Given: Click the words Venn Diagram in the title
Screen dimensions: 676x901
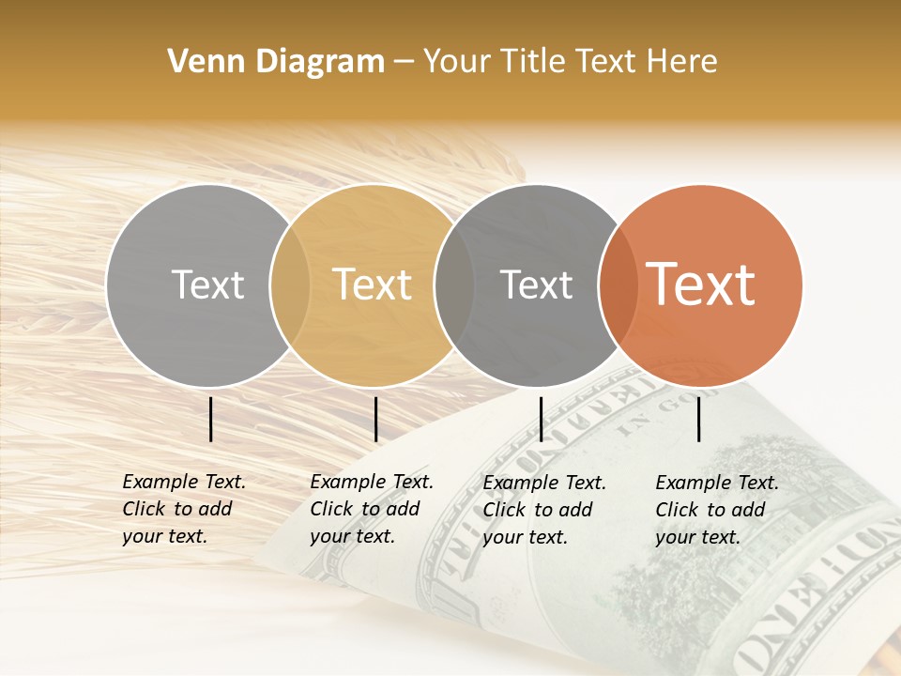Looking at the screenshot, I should point(276,62).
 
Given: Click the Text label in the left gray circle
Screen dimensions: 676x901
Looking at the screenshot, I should point(207,284).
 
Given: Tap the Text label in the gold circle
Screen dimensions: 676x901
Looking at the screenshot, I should point(373,284).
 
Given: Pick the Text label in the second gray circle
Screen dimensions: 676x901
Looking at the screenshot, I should point(537,284).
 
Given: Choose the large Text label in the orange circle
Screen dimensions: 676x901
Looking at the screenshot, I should point(701,284).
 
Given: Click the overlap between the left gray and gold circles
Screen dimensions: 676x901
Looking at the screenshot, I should point(290,285).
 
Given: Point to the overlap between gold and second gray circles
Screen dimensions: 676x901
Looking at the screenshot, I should point(454,285).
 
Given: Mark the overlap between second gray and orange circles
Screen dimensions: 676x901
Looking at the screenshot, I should point(618,285).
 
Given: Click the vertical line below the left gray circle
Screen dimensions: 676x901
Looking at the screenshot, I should point(211,419).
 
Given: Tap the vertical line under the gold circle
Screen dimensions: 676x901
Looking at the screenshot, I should point(375,419).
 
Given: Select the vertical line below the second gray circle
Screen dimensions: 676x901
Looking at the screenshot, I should point(541,419).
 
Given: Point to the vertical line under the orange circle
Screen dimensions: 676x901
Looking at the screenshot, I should point(699,419).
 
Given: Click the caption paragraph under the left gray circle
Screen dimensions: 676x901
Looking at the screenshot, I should point(183,509).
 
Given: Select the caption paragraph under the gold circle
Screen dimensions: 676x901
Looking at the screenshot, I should point(371,509).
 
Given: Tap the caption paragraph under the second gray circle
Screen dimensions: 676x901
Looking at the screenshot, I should point(544,510).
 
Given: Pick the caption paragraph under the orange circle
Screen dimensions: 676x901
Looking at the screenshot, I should point(716,510).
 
